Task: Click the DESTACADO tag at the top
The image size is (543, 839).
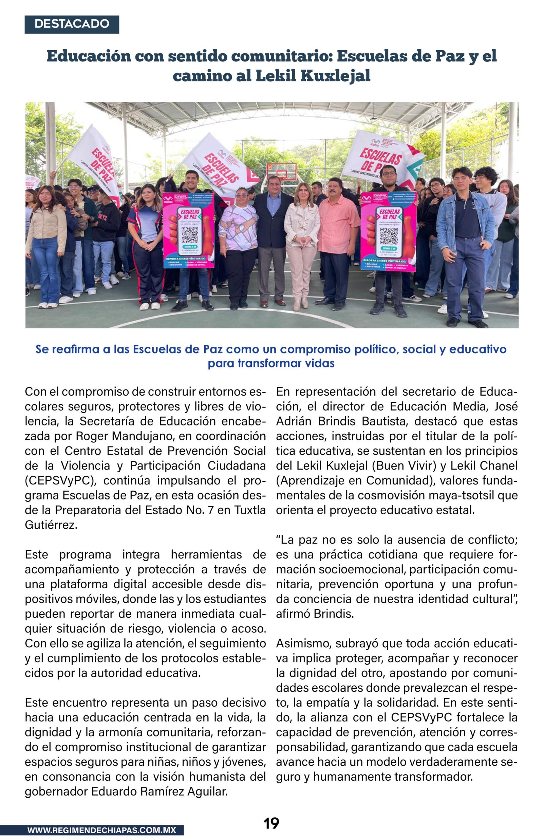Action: click(72, 24)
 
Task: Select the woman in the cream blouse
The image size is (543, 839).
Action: click(301, 243)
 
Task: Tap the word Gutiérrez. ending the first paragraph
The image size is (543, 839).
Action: click(51, 525)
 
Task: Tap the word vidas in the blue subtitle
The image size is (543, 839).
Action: click(319, 363)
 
